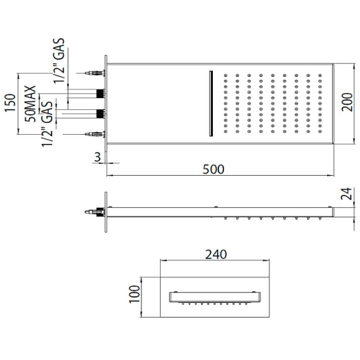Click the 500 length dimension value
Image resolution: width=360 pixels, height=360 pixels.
click(214, 169)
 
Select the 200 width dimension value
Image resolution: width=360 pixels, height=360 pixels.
click(347, 102)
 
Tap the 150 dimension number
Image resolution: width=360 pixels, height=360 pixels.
click(11, 103)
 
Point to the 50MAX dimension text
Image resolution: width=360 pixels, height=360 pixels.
click(31, 104)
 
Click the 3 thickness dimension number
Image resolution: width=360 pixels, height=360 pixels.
click(98, 157)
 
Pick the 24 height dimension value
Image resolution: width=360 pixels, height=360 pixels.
click(346, 194)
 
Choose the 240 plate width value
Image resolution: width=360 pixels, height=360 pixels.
click(216, 254)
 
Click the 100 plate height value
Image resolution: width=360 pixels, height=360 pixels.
click(135, 294)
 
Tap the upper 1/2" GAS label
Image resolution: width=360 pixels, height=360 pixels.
click(59, 60)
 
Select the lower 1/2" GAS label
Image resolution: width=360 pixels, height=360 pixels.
click(48, 124)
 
